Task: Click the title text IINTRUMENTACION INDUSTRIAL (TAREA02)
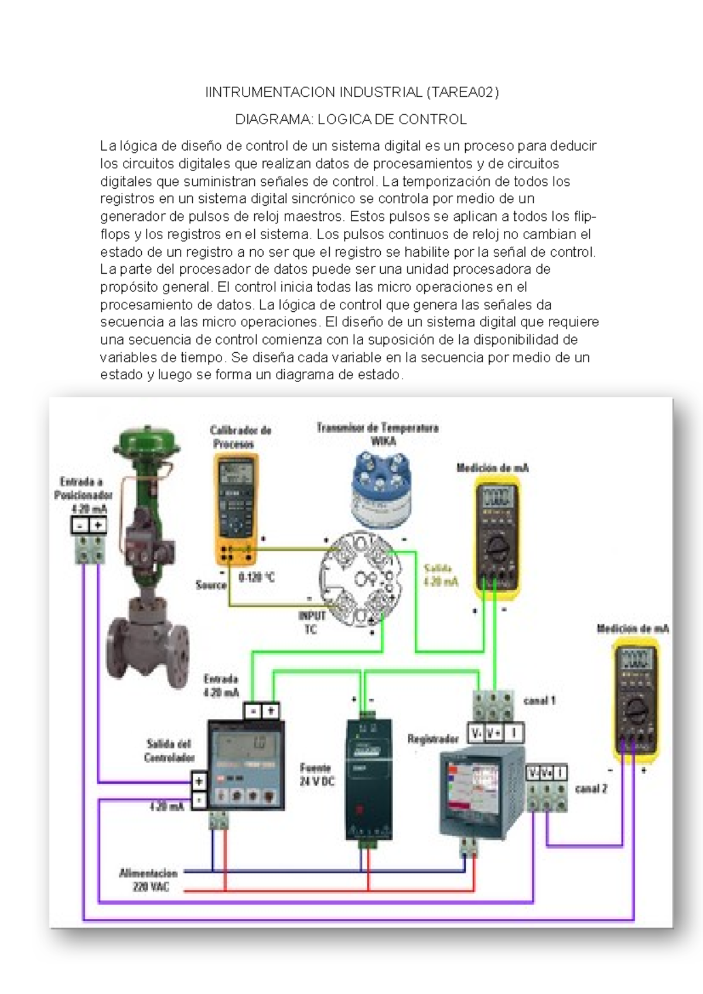351,92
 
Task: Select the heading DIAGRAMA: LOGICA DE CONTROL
351,120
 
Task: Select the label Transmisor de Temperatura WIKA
378,434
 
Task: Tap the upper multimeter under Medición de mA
497,533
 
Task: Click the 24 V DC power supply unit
368,779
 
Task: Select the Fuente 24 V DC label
316,774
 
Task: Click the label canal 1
539,700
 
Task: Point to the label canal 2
591,789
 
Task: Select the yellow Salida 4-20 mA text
440,575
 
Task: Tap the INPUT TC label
312,622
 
